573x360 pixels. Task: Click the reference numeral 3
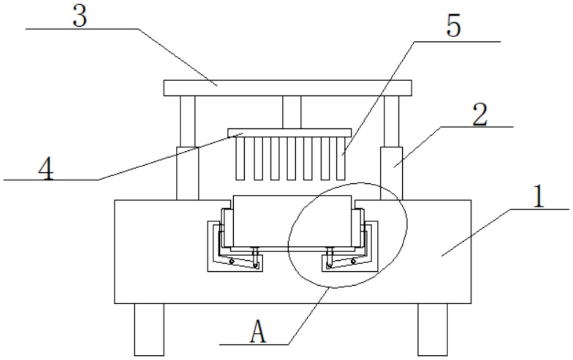[80, 16]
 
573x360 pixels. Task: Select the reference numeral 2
[480, 115]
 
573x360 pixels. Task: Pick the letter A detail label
[258, 331]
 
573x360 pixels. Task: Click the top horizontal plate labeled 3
[288, 88]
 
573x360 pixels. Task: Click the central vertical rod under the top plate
[292, 112]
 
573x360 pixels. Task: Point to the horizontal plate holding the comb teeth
[289, 133]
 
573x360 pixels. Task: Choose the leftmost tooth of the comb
[240, 158]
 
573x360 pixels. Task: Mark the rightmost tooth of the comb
[341, 158]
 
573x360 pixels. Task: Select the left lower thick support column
[188, 173]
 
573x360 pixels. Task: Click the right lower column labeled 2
[392, 173]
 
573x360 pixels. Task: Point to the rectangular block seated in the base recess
[292, 221]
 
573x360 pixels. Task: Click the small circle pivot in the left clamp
[231, 261]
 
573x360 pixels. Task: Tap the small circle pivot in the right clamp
[353, 261]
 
